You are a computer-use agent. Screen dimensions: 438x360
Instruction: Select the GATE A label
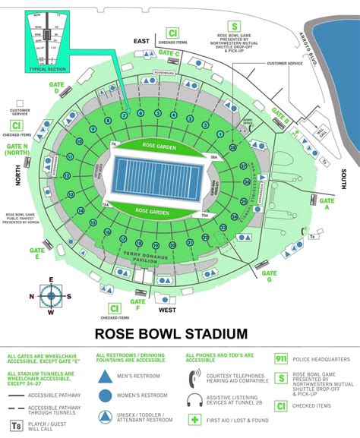click(329, 203)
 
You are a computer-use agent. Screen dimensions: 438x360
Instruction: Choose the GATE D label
click(56, 89)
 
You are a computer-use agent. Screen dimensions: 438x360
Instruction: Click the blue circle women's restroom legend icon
click(105, 395)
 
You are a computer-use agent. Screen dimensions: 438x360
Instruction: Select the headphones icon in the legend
click(194, 399)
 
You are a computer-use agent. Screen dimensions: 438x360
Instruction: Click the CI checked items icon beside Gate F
click(114, 308)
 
